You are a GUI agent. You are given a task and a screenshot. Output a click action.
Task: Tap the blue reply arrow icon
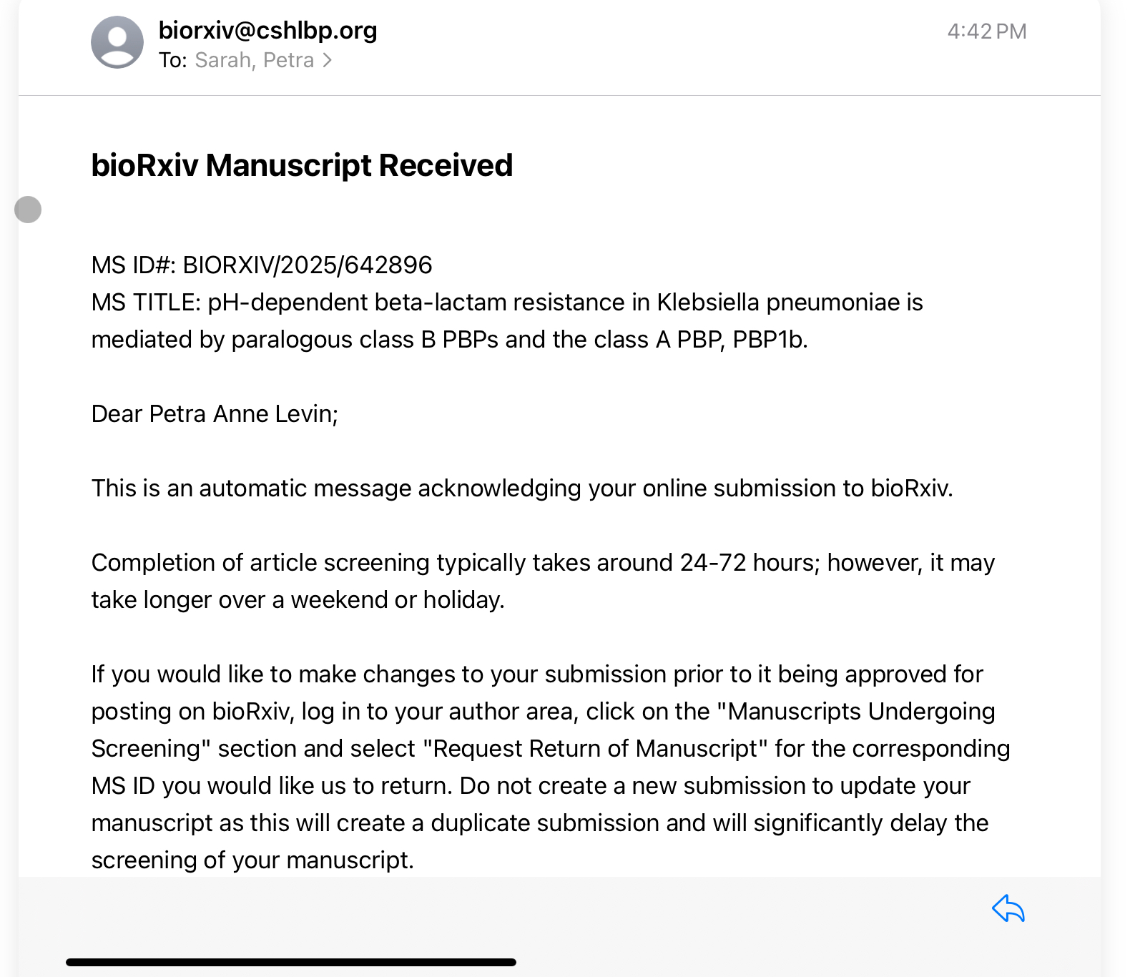(x=1008, y=909)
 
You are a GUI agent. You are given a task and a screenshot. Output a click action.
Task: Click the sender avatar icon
(x=117, y=42)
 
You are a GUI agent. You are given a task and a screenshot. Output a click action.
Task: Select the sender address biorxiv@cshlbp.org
(x=267, y=30)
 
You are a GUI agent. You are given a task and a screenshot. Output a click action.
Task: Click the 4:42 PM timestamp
(x=986, y=31)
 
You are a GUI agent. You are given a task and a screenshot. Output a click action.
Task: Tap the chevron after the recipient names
(x=327, y=61)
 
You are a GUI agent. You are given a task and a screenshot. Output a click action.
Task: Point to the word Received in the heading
(x=446, y=165)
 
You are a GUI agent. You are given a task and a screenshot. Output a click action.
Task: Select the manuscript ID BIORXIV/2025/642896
(x=308, y=265)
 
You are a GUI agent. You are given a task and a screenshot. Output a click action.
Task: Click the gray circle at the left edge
(x=28, y=210)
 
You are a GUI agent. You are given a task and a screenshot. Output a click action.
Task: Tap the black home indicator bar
(x=290, y=962)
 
